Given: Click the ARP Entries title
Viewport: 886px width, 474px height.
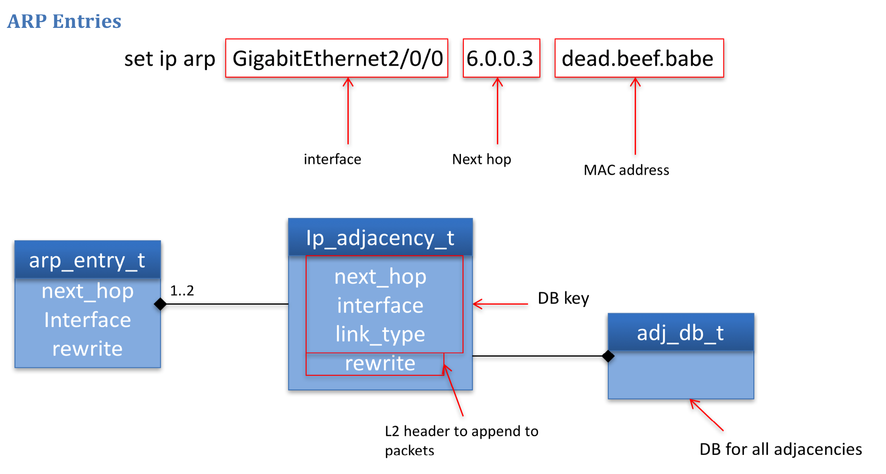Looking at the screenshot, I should [64, 21].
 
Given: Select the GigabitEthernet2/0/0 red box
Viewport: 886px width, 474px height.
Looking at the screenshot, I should [336, 58].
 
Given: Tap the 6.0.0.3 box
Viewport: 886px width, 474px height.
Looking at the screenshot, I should [501, 58].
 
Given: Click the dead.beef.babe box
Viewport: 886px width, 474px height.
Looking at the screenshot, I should [639, 58].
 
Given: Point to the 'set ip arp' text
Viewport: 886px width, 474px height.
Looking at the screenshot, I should [170, 59].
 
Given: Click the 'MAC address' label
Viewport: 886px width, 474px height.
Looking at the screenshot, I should [626, 170].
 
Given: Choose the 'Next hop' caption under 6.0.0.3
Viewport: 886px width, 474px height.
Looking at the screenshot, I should [481, 159].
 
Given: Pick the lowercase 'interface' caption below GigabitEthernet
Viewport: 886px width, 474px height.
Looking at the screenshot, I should [332, 159].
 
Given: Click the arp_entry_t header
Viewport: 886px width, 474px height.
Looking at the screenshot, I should [88, 260].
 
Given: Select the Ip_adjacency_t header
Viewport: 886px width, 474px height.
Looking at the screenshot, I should [380, 238].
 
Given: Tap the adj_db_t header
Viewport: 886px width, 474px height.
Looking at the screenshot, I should [680, 333].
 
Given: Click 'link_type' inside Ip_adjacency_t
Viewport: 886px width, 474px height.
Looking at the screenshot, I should [380, 334].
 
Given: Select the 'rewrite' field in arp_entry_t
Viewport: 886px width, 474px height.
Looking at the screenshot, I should [88, 349].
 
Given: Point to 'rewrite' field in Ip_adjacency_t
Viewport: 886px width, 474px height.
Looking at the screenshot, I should [380, 363].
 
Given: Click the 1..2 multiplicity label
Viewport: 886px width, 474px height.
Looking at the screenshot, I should [182, 291].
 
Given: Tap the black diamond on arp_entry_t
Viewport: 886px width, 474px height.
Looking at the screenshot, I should [160, 304].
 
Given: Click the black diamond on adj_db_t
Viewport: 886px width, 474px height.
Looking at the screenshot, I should [608, 356].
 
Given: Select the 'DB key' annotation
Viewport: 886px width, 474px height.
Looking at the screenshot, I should [563, 298].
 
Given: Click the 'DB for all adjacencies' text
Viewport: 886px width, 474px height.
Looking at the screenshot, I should [780, 449].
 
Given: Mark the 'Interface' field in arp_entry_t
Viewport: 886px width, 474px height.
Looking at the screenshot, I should [88, 320].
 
